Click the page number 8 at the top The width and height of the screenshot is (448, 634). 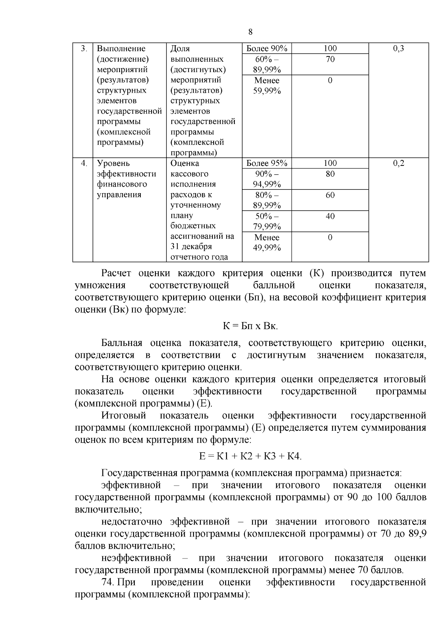250,32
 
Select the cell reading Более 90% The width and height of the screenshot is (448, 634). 267,48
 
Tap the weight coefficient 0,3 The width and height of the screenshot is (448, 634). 398,48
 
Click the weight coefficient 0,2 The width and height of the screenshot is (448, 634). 398,163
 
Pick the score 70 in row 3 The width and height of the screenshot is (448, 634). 330,59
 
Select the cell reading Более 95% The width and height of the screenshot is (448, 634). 267,163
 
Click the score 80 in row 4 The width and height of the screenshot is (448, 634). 330,174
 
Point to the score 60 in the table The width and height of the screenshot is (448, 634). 330,195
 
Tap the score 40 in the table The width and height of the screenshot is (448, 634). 330,216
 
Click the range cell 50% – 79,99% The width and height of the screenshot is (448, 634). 267,221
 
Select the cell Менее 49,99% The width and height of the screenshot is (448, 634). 267,242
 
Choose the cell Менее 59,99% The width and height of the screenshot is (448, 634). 267,86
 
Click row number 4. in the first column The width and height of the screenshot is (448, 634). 84,163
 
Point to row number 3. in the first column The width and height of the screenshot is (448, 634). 84,48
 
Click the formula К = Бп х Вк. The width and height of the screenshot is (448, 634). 250,326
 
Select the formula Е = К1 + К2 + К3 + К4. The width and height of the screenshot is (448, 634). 250,456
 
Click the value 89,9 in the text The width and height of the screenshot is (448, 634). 418,534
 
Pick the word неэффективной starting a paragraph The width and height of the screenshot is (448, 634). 136,558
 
